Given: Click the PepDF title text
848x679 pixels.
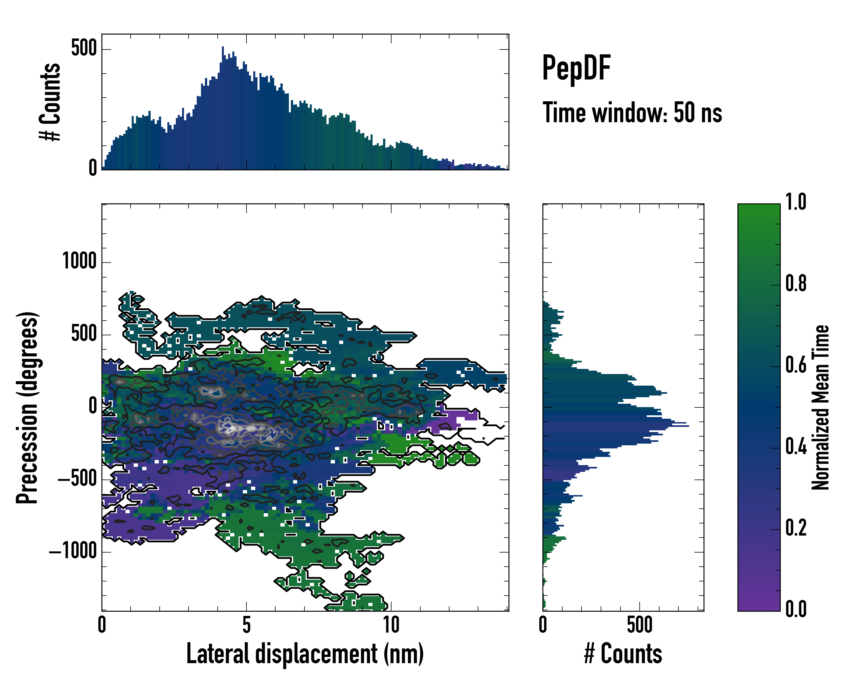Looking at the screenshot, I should (x=576, y=68).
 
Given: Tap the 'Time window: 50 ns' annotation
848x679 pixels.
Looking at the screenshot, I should (x=632, y=113).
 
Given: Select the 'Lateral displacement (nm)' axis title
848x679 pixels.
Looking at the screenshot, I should (x=305, y=654).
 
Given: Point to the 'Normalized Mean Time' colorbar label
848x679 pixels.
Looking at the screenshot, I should (x=821, y=407).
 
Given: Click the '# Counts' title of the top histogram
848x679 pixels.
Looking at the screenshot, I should (x=50, y=102).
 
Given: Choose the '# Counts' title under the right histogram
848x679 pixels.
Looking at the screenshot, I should (x=623, y=654).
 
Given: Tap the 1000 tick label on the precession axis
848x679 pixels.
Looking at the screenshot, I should (x=79, y=261).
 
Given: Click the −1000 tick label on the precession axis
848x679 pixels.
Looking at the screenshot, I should (x=73, y=551).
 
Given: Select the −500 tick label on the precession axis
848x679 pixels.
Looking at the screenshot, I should (x=77, y=479).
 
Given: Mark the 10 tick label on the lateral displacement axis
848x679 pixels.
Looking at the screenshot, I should (x=391, y=625).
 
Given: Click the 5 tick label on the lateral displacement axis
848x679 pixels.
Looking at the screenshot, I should (x=246, y=625).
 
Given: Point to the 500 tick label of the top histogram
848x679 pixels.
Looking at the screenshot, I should (x=84, y=49).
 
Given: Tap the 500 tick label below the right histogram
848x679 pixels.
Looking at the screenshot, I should (x=640, y=625).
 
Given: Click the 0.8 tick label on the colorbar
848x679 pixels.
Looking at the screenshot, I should (x=796, y=284).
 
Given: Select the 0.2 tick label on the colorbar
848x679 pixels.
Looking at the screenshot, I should (x=796, y=528).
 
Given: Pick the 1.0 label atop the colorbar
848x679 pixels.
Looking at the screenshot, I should (x=796, y=202).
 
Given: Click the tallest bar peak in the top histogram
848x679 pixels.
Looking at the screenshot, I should (x=223, y=48).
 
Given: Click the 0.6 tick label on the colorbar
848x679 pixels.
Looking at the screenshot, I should (x=796, y=365).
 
